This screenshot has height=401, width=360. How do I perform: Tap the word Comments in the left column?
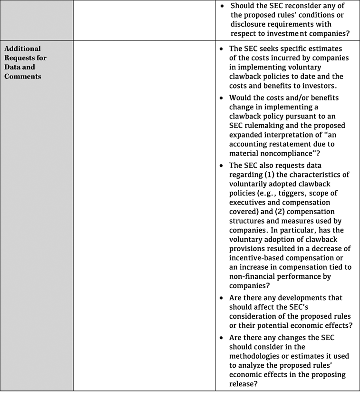point(23,77)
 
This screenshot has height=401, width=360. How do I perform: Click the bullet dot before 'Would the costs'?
point(222,98)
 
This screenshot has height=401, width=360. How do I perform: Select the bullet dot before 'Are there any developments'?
point(222,298)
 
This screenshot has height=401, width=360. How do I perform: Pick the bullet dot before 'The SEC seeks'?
point(222,49)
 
